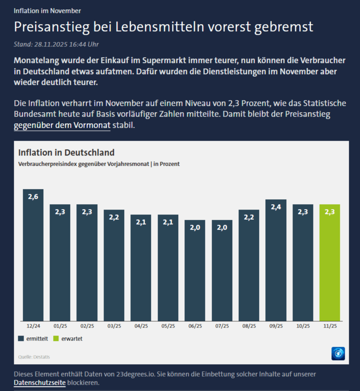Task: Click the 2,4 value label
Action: tap(276, 207)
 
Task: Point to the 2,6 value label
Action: tap(33, 197)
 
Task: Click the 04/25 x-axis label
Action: tap(141, 326)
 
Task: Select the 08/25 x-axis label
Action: tap(249, 326)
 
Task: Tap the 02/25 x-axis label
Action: tap(87, 326)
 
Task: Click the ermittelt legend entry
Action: tap(34, 339)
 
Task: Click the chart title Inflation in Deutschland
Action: tap(66, 153)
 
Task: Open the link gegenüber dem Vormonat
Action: tap(62, 126)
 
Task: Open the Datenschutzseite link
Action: tap(40, 383)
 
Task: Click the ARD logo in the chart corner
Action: tap(338, 353)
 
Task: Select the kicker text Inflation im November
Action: tap(47, 11)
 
